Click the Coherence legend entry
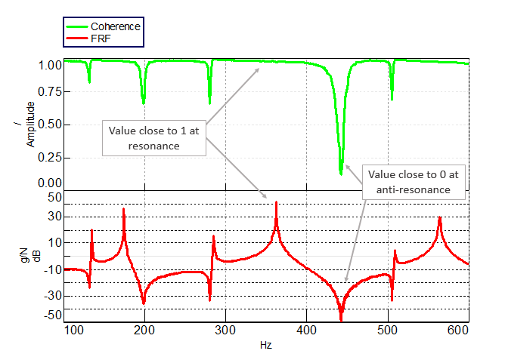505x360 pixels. pos(110,26)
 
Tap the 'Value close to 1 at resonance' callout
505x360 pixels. pos(153,137)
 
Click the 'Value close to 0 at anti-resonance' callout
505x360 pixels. pos(414,182)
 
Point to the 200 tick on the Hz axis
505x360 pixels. pos(144,331)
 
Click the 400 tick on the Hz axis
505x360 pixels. pos(305,331)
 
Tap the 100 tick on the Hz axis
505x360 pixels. pos(73,331)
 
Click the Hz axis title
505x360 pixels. pos(265,345)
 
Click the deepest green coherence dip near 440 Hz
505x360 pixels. pos(341,172)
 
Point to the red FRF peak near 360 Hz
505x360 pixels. pos(276,202)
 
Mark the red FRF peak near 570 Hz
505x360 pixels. pos(438,217)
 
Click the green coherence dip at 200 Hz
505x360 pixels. pos(144,101)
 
